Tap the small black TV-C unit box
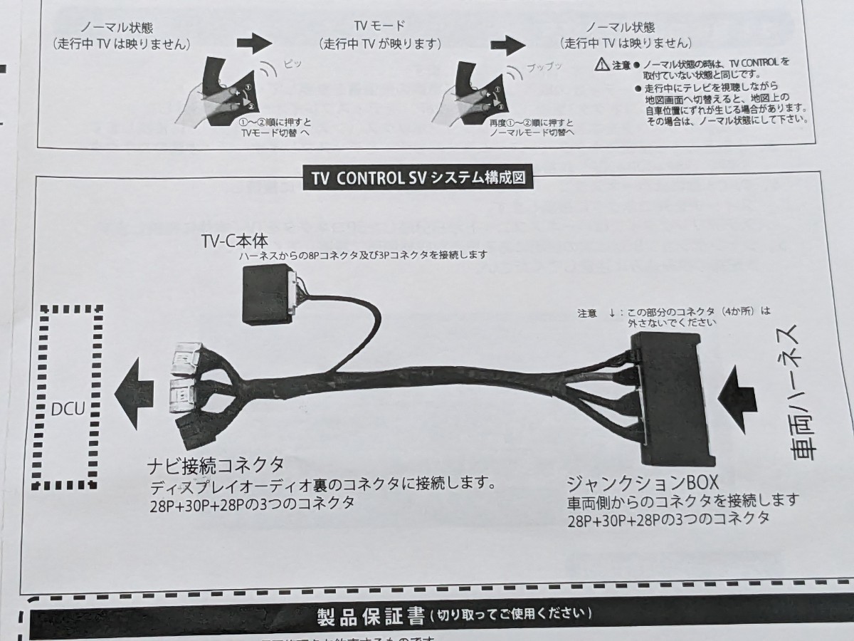tap(267, 293)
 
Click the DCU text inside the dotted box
tap(68, 411)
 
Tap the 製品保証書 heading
tap(370, 615)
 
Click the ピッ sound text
tap(292, 63)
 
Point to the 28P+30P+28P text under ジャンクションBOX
tap(668, 520)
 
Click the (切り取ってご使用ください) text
tap(513, 613)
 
